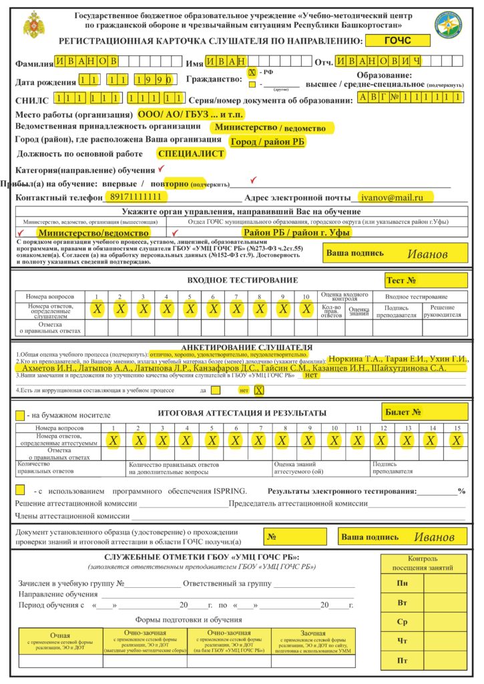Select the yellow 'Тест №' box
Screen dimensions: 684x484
tap(424, 280)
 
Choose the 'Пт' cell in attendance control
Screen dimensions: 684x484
tap(403, 661)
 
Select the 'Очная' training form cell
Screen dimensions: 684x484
tap(60, 641)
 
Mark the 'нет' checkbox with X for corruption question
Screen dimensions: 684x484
tap(259, 390)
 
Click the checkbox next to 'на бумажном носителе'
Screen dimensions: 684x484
tap(21, 415)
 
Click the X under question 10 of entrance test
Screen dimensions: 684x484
tap(306, 309)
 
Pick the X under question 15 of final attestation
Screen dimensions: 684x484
tap(456, 441)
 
